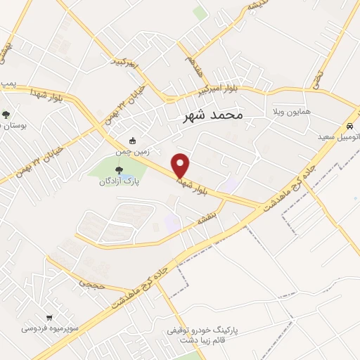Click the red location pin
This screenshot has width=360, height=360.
pyautogui.click(x=181, y=165)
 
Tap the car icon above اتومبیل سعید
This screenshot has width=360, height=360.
pyautogui.click(x=349, y=127)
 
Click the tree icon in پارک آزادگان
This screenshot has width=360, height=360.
pyautogui.click(x=118, y=169)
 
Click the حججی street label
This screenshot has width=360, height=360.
pyautogui.click(x=91, y=285)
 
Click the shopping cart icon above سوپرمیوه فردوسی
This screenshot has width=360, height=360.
pyautogui.click(x=49, y=317)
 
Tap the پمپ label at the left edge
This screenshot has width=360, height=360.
pyautogui.click(x=8, y=83)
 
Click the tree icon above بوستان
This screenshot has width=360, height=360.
pyautogui.click(x=7, y=114)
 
